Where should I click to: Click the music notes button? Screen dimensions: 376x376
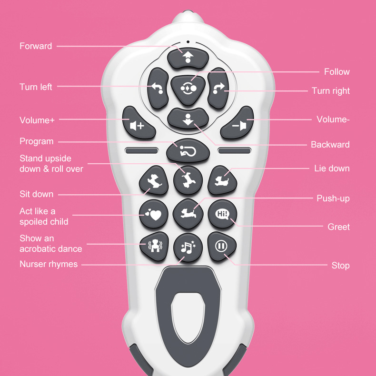pyautogui.click(x=188, y=247)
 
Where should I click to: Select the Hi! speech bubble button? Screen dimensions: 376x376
pyautogui.click(x=222, y=214)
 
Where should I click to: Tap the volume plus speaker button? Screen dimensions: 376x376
pyautogui.click(x=139, y=123)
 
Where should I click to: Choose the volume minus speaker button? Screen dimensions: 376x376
pyautogui.click(x=237, y=123)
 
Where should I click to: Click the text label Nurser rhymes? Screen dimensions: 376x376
pyautogui.click(x=49, y=264)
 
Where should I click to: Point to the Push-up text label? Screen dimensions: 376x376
pyautogui.click(x=333, y=198)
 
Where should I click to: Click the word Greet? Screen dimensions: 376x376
pyautogui.click(x=338, y=227)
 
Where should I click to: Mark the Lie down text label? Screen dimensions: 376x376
pyautogui.click(x=332, y=168)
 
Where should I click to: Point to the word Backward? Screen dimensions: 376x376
pyautogui.click(x=330, y=145)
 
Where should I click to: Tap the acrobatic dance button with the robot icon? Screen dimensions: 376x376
pyautogui.click(x=153, y=246)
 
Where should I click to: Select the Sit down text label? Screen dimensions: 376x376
pyautogui.click(x=37, y=194)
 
